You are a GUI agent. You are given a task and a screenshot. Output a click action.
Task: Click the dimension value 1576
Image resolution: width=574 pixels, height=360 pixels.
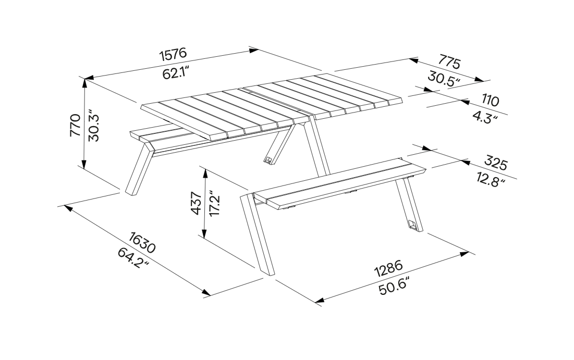pyautogui.click(x=173, y=54)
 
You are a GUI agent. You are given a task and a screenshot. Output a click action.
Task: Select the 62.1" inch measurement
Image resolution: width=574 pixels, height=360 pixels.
pyautogui.click(x=175, y=73)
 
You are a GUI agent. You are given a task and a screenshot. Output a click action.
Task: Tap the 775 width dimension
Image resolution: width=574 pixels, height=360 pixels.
pyautogui.click(x=449, y=61)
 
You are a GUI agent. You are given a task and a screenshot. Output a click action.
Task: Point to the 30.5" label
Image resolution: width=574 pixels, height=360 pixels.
pyautogui.click(x=444, y=79)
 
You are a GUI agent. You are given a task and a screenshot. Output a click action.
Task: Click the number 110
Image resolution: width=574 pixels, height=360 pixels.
pyautogui.click(x=490, y=100)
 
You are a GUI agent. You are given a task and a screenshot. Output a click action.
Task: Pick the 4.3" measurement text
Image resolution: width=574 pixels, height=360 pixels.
pyautogui.click(x=485, y=117)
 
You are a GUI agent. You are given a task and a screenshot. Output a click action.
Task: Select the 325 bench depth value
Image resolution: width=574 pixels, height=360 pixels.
pyautogui.click(x=496, y=163)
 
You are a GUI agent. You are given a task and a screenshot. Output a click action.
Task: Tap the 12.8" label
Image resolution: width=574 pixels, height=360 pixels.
pyautogui.click(x=491, y=180)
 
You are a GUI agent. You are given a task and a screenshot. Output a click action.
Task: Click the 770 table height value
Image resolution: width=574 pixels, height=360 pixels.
pyautogui.click(x=75, y=125)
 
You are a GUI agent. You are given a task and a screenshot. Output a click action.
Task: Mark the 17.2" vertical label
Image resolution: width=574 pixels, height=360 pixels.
pyautogui.click(x=214, y=203)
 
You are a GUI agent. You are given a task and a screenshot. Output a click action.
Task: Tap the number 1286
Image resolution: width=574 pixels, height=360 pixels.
pyautogui.click(x=389, y=268)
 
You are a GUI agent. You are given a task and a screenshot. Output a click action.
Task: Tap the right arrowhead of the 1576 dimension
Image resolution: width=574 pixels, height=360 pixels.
pyautogui.click(x=254, y=51)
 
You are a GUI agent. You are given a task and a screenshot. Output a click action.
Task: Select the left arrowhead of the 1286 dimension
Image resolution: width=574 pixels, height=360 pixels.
pyautogui.click(x=320, y=301)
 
